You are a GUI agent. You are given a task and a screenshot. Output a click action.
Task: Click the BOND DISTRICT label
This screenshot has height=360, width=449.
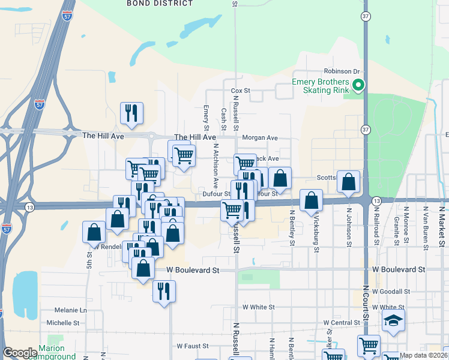160,4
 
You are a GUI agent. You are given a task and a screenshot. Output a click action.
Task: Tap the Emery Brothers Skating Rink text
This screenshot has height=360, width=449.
320,86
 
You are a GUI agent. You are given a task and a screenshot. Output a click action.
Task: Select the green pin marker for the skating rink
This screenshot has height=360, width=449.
358,85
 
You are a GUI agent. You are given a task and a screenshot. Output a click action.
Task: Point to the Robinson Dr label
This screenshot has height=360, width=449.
341,71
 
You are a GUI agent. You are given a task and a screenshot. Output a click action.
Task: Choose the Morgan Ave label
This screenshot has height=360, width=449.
260,137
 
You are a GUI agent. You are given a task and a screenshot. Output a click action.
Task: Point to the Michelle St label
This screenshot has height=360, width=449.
63,322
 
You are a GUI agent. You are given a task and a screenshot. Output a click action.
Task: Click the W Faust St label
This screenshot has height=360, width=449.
192,346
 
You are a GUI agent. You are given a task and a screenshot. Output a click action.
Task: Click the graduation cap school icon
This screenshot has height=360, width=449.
393,321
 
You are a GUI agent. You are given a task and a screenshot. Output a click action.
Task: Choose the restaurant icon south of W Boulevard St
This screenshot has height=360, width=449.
163,291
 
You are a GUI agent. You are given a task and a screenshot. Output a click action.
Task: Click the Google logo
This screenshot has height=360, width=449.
20,353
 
